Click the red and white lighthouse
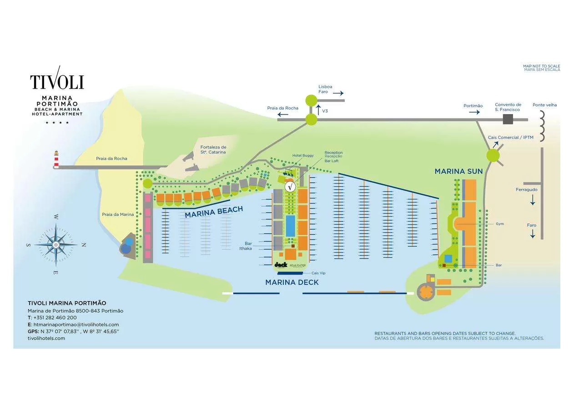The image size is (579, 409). pyautogui.click(x=56, y=159)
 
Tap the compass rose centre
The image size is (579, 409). pyautogui.click(x=56, y=245)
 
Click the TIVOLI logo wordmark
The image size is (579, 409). pyautogui.click(x=57, y=82)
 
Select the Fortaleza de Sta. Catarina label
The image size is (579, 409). pyautogui.click(x=213, y=150)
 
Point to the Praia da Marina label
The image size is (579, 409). pyautogui.click(x=118, y=214)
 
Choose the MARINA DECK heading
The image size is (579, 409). pyautogui.click(x=292, y=282)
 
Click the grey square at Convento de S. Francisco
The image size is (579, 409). pyautogui.click(x=508, y=120)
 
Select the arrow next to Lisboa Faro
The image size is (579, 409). pyautogui.click(x=338, y=93)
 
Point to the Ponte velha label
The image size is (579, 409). pyautogui.click(x=544, y=105)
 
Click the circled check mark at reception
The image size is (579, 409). pyautogui.click(x=290, y=186)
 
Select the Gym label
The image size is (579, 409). pyautogui.click(x=500, y=224)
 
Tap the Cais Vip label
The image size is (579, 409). pyautogui.click(x=318, y=273)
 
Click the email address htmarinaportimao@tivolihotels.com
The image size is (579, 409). pyautogui.click(x=76, y=324)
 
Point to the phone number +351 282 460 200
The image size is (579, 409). pyautogui.click(x=55, y=318)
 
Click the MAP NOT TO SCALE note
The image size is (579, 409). pyautogui.click(x=541, y=66)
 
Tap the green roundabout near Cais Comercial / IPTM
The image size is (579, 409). pyautogui.click(x=493, y=156)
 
